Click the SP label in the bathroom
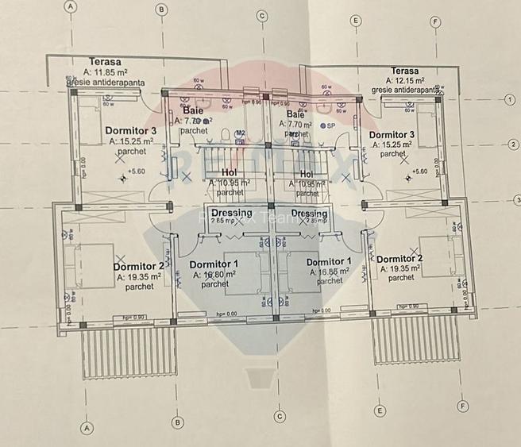tap(331, 125)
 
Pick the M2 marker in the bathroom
tap(241, 133)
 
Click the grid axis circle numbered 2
tap(513, 145)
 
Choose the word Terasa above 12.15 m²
tap(405, 71)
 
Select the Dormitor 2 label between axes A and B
tap(144, 266)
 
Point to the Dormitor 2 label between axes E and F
tap(402, 259)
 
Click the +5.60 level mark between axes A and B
tap(137, 171)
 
